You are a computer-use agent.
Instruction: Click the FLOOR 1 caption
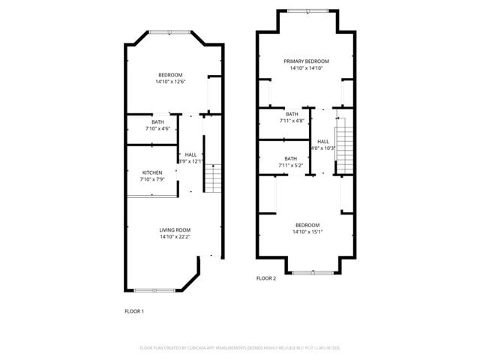click(133, 310)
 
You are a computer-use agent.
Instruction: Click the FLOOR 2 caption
click(266, 278)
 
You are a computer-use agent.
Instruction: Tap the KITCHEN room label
click(152, 172)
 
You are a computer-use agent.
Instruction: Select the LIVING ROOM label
click(175, 229)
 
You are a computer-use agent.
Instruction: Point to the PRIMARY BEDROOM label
click(306, 61)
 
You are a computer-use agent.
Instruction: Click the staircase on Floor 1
click(214, 178)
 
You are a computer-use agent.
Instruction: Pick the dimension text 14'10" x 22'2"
click(175, 237)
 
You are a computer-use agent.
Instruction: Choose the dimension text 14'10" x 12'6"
click(171, 82)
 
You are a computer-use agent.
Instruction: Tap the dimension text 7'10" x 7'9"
click(152, 180)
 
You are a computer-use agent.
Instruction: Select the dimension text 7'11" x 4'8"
click(291, 121)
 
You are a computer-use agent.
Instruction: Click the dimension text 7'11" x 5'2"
click(290, 165)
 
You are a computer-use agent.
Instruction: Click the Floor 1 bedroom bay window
click(169, 31)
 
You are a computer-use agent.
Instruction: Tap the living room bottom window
click(154, 290)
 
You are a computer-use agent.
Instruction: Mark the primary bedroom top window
click(306, 10)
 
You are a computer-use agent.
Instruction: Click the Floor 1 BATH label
click(157, 121)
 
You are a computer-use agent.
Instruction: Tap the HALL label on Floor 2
click(323, 141)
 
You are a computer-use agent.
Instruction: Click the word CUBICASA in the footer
click(214, 348)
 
